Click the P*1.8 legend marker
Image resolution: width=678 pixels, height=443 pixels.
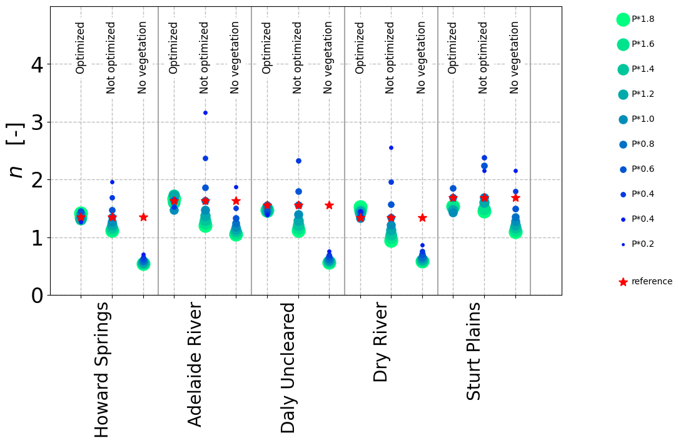pyautogui.click(x=623, y=19)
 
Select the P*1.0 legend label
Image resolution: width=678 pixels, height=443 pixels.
pyautogui.click(x=643, y=119)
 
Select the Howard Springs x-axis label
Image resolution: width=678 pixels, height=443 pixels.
pyautogui.click(x=101, y=370)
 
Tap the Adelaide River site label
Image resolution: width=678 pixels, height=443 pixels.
pyautogui.click(x=195, y=365)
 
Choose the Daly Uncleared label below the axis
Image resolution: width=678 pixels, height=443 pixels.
pyautogui.click(x=288, y=367)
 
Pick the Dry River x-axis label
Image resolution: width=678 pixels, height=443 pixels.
pyautogui.click(x=381, y=342)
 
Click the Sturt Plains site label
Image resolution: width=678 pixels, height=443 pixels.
pyautogui.click(x=475, y=351)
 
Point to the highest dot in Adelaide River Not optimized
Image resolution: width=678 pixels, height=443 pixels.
pyautogui.click(x=205, y=112)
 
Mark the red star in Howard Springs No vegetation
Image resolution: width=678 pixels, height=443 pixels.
pyautogui.click(x=143, y=217)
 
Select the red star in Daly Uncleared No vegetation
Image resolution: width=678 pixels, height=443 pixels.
pyautogui.click(x=329, y=205)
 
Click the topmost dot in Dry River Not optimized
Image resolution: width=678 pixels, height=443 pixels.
pyautogui.click(x=391, y=147)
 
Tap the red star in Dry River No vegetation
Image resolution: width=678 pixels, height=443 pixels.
pyautogui.click(x=422, y=217)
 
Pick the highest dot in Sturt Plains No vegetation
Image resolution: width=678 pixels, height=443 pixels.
pyautogui.click(x=515, y=171)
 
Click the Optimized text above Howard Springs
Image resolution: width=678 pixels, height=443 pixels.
pyautogui.click(x=80, y=47)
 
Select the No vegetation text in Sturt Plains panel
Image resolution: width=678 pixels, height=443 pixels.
pyautogui.click(x=515, y=57)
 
